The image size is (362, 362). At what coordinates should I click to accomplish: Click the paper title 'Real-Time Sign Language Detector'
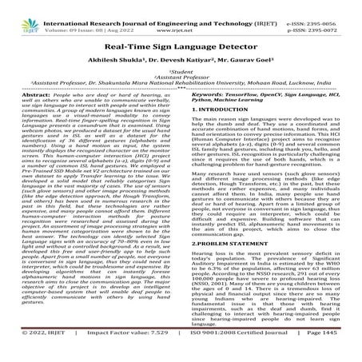tap(181, 46)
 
